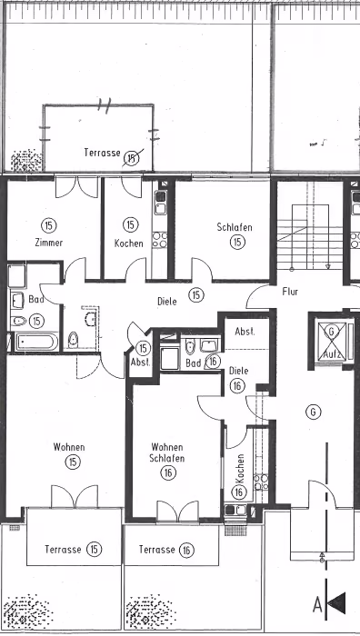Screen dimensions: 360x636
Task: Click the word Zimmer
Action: pyautogui.click(x=49, y=243)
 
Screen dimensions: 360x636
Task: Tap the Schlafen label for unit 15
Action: pyautogui.click(x=235, y=227)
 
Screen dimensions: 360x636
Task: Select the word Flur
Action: pyautogui.click(x=290, y=292)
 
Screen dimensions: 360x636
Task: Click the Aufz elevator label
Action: pyautogui.click(x=332, y=355)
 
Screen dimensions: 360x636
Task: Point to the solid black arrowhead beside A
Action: pyautogui.click(x=336, y=603)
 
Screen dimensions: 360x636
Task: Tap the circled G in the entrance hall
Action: pyautogui.click(x=313, y=412)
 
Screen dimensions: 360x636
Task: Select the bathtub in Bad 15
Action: pyautogui.click(x=36, y=342)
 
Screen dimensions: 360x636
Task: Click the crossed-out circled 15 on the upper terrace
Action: pyautogui.click(x=132, y=158)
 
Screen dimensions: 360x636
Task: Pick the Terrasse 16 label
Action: pyautogui.click(x=166, y=550)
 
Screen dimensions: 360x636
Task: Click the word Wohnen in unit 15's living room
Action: pyautogui.click(x=69, y=447)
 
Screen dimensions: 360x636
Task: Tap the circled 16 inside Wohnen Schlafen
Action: pyautogui.click(x=168, y=472)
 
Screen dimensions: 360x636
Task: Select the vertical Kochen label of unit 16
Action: pyautogui.click(x=239, y=469)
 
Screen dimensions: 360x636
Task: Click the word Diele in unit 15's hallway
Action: pyautogui.click(x=166, y=302)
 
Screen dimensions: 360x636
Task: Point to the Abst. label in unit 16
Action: pyautogui.click(x=245, y=332)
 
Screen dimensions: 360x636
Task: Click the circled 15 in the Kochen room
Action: pyautogui.click(x=130, y=224)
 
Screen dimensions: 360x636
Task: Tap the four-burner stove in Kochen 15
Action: pyautogui.click(x=160, y=240)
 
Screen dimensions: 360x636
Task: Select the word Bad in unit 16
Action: pyautogui.click(x=194, y=363)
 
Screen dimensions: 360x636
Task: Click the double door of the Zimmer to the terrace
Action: pyautogui.click(x=76, y=188)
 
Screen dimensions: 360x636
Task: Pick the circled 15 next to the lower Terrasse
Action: pyautogui.click(x=95, y=550)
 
